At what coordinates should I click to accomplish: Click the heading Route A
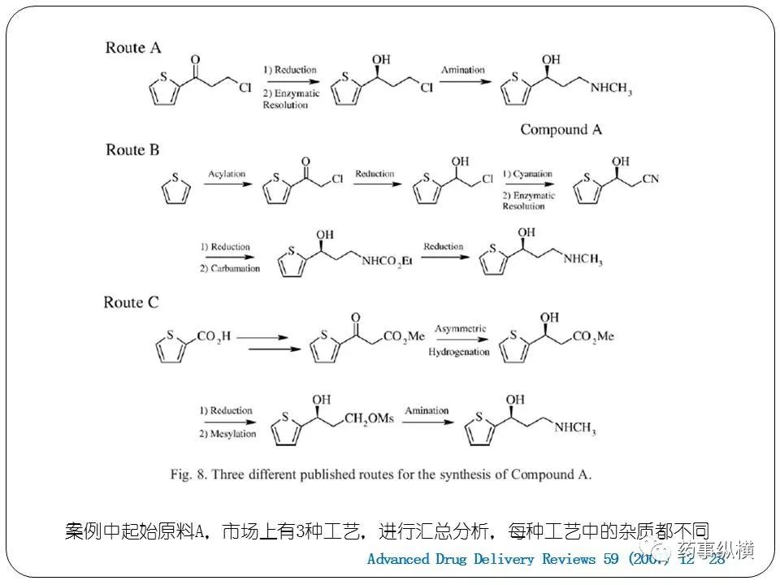click(133, 47)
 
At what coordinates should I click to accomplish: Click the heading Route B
click(132, 149)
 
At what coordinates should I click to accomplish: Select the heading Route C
click(131, 302)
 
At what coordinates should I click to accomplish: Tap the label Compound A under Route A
click(561, 129)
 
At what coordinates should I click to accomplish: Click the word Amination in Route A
click(462, 71)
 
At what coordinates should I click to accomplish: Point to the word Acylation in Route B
click(226, 174)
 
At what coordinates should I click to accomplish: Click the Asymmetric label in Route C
click(460, 329)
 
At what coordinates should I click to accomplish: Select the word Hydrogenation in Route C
click(460, 352)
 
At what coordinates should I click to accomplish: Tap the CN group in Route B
click(650, 178)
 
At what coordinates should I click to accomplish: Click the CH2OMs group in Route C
click(369, 418)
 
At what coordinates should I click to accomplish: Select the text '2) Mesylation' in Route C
click(228, 434)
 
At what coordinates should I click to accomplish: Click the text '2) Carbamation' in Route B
click(230, 268)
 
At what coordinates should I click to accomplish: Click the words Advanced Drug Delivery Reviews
click(483, 559)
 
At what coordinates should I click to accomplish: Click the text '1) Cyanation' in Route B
click(526, 174)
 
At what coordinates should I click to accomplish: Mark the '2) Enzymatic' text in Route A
click(291, 93)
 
